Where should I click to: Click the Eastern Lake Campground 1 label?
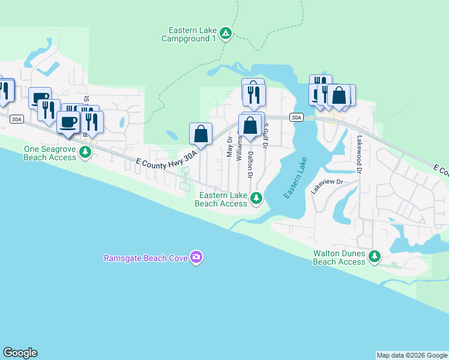point(188,34)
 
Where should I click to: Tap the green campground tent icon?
point(225,33)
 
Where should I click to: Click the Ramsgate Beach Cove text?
point(145,259)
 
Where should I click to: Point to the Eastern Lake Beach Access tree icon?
point(256,197)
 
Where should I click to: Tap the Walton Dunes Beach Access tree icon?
point(375,257)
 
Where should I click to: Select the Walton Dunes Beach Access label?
point(339,257)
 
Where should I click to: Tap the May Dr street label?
point(229,146)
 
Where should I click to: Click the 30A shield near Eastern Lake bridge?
point(296,118)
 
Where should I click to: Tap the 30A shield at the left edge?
point(16,119)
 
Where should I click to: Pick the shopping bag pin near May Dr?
point(201,134)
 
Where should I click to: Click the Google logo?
point(20,353)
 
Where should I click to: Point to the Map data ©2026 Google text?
point(412,355)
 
